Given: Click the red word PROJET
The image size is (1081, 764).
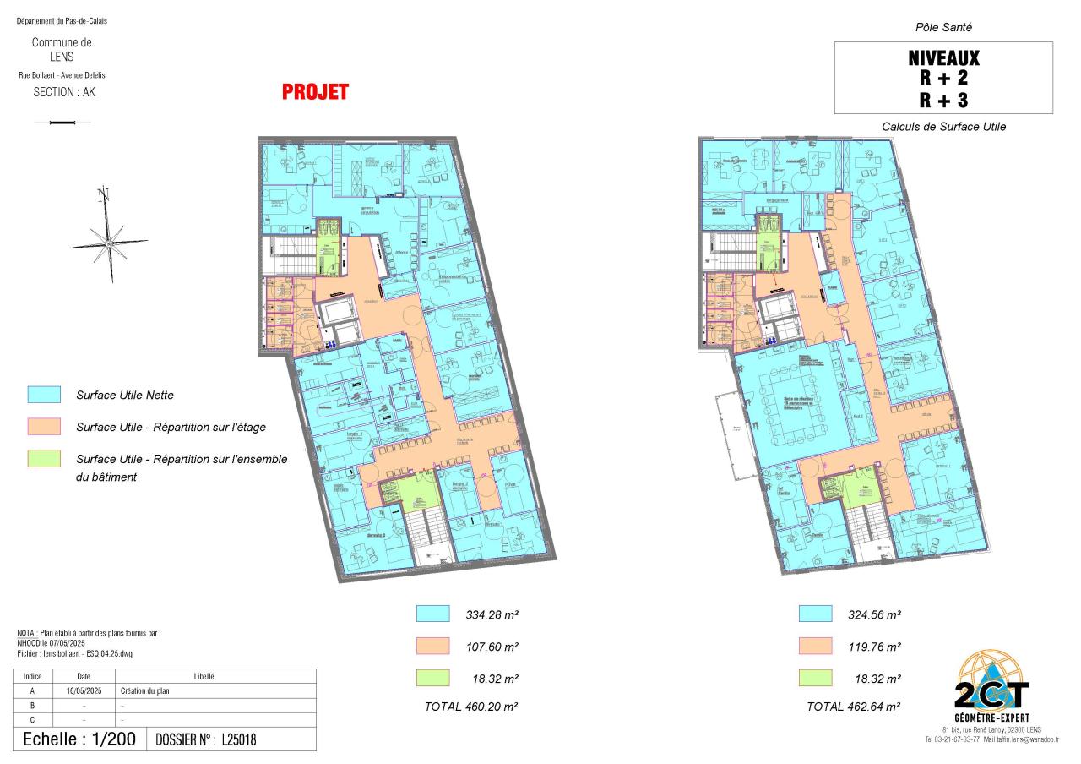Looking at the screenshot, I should (315, 92).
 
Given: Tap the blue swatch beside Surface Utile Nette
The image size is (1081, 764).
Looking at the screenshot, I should (44, 395).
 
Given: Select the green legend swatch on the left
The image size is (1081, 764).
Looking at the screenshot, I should (44, 459).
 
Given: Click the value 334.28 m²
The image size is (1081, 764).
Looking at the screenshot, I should (492, 614).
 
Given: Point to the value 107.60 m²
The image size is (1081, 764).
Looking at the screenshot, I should (492, 647).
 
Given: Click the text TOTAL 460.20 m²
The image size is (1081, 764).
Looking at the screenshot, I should (470, 706).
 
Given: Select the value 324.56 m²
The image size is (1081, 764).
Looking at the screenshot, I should (874, 614).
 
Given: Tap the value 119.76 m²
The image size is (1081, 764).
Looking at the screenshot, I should (874, 647).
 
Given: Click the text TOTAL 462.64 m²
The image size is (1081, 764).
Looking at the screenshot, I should (853, 706).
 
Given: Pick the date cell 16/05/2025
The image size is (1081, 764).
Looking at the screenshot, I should (84, 690).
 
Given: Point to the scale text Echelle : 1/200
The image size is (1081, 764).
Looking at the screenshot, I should (79, 739).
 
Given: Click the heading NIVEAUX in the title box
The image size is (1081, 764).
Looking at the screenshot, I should (943, 58).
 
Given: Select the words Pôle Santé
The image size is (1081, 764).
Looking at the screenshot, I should (943, 28).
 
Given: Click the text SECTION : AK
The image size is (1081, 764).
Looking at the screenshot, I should (64, 93).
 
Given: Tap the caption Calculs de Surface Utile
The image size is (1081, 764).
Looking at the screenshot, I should (943, 127).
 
